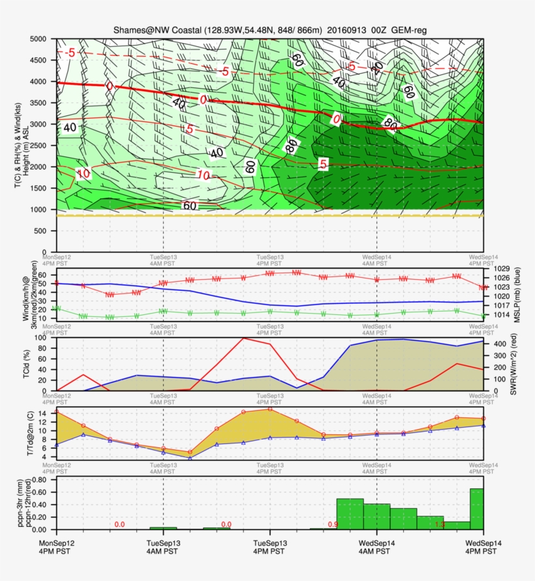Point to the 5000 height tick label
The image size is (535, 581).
tap(40, 39)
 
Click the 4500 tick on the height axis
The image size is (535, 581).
tap(40, 60)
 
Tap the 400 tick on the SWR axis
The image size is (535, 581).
tap(498, 344)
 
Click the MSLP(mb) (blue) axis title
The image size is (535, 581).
tap(519, 293)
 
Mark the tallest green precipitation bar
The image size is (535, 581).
tap(476, 509)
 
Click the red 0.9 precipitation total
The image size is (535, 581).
tap(333, 524)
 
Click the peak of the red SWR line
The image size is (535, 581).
tap(243, 338)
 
